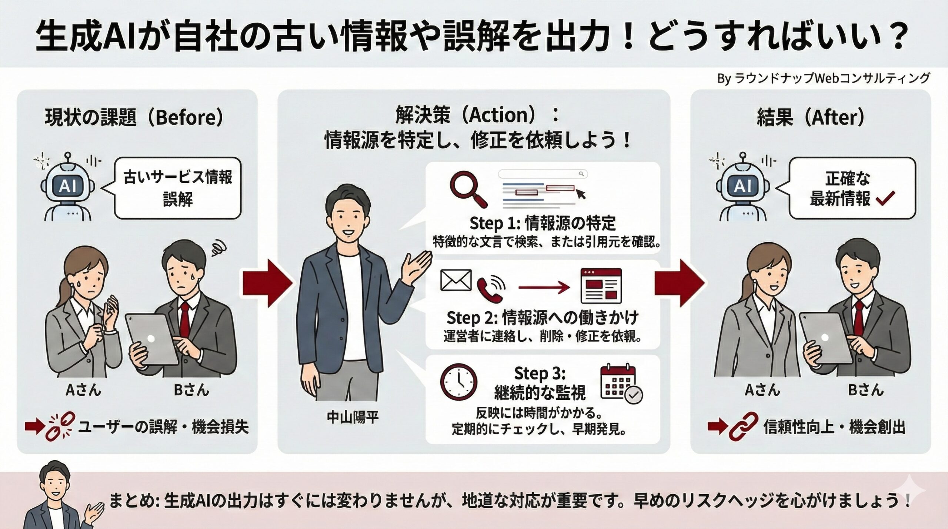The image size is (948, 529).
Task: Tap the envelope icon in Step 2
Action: tap(456, 280)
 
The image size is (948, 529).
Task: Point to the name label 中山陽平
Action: tap(352, 418)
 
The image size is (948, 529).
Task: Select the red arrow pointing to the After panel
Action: tap(679, 283)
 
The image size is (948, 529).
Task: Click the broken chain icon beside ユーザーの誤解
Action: tap(60, 427)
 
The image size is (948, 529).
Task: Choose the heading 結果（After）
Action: tap(810, 118)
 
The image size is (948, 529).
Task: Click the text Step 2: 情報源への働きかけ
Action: tap(543, 318)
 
